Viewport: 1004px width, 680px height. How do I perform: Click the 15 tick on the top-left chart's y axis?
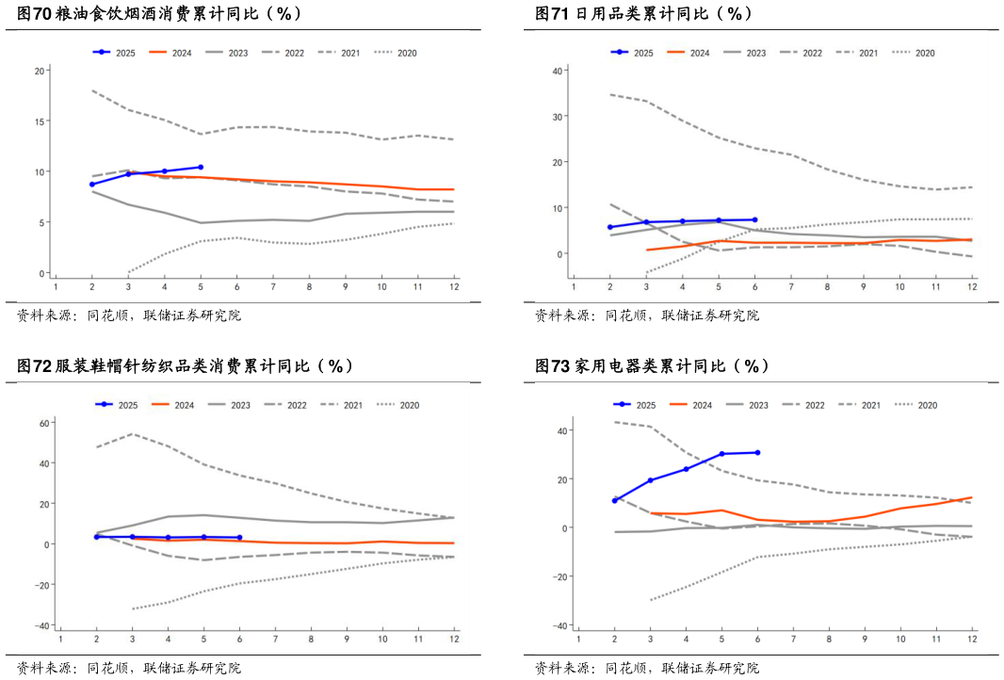(39, 121)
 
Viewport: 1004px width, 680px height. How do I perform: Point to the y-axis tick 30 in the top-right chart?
(557, 117)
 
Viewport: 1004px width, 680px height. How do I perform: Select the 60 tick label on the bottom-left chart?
(42, 423)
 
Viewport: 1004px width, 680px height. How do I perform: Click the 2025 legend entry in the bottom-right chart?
(645, 405)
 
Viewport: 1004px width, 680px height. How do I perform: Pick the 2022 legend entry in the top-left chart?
(294, 54)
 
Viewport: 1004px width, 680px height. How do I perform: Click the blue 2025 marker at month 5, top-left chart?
(200, 167)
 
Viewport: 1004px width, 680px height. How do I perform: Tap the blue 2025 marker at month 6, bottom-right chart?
(757, 452)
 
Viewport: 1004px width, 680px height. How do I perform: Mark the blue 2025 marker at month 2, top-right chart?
(610, 227)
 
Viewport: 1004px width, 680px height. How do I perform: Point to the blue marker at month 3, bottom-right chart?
(650, 480)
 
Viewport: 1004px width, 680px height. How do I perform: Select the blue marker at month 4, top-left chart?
(164, 171)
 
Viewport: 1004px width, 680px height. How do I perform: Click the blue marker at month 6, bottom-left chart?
(240, 538)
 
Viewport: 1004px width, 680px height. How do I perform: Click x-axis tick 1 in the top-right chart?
(575, 287)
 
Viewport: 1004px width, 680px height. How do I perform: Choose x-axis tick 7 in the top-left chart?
(273, 287)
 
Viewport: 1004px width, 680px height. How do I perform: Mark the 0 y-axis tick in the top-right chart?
(559, 254)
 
